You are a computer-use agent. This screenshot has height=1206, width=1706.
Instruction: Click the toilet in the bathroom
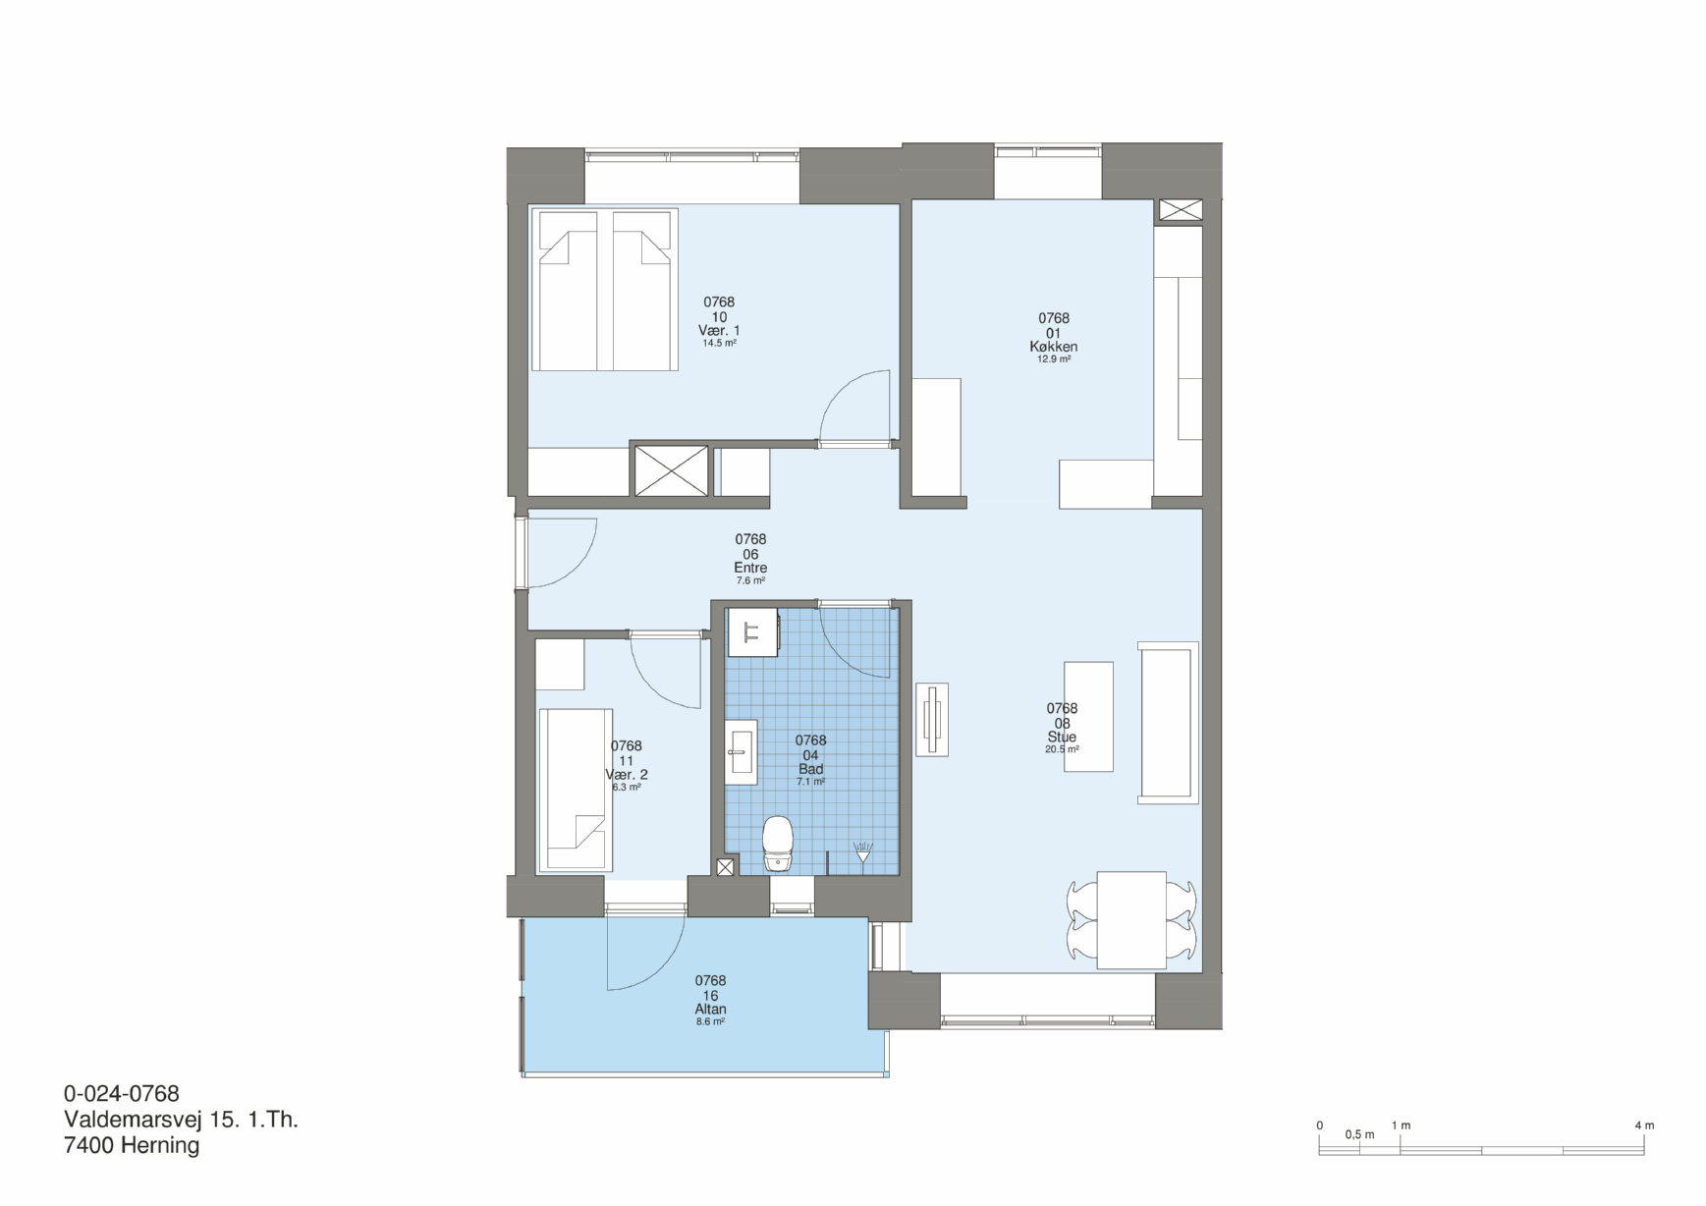point(778,844)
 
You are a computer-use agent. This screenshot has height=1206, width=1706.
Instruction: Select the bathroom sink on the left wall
point(742,751)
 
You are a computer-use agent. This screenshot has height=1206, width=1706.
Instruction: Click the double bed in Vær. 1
point(605,290)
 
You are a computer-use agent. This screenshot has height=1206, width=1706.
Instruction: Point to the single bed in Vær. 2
point(576,790)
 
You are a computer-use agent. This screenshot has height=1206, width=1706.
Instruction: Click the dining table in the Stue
point(1131,919)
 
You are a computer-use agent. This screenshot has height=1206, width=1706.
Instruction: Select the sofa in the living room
point(1168,723)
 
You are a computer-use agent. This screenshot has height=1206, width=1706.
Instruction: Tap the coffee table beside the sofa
point(1089,716)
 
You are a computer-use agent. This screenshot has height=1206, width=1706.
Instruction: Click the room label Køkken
point(1054,347)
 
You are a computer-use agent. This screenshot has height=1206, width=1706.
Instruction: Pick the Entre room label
point(750,568)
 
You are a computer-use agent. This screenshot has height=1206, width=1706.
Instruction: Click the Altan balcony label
point(710,1009)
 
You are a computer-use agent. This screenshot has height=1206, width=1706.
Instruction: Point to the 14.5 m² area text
point(719,344)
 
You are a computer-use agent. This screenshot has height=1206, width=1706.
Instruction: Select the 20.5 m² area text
point(1062,749)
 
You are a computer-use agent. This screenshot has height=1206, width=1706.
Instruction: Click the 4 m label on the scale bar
point(1644,1125)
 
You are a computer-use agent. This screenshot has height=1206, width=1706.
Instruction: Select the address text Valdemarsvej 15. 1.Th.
point(181,1120)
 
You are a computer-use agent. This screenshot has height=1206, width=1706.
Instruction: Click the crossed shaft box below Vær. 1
point(671,470)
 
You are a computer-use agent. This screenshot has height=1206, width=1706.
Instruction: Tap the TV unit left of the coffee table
point(932,720)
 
